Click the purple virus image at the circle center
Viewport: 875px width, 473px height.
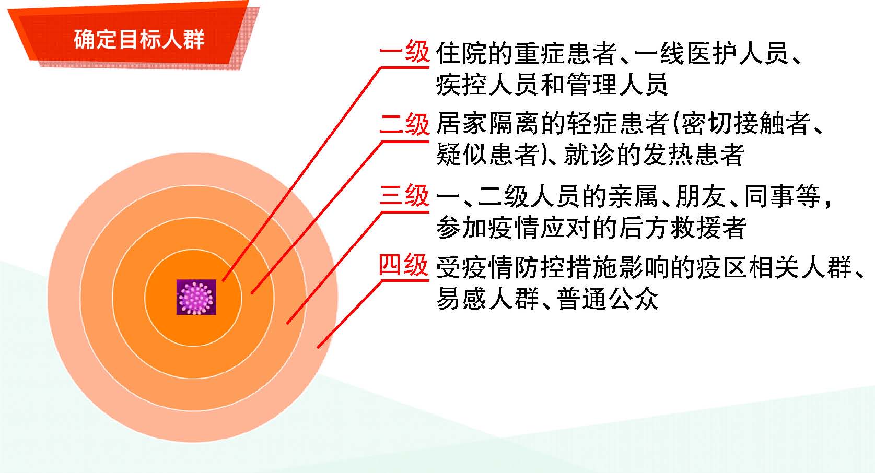(196, 297)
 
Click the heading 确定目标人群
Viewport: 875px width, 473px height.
(139, 39)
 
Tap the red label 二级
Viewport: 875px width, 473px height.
(404, 124)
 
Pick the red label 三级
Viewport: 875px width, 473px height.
(404, 195)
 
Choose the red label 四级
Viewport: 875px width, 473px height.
(404, 265)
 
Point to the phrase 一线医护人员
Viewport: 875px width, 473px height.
(711, 53)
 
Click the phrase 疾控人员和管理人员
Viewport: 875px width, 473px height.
(552, 84)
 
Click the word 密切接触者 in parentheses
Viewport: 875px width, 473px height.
(745, 123)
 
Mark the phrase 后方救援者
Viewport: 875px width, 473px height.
(683, 227)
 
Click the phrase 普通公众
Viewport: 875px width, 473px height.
(608, 299)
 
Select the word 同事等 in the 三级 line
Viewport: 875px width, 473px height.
(783, 196)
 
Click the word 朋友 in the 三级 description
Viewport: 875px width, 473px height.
(701, 196)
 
